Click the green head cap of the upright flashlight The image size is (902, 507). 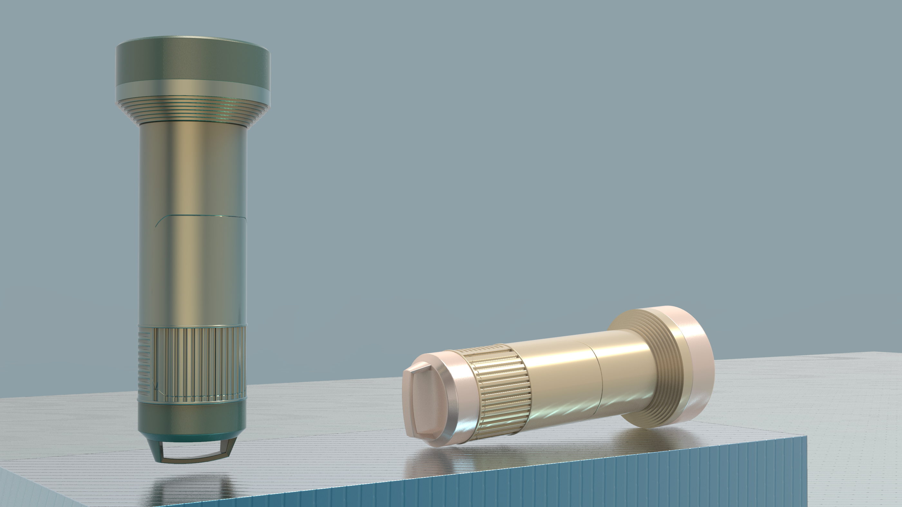(193, 63)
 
